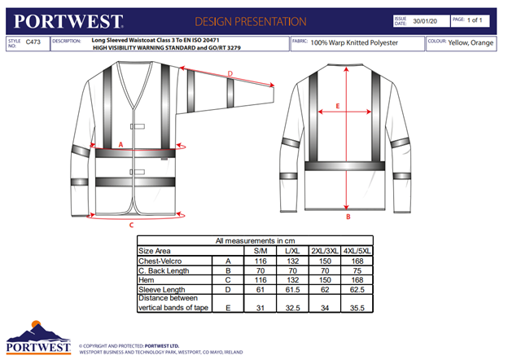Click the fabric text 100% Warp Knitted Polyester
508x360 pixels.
(357, 41)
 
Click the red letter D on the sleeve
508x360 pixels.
(230, 74)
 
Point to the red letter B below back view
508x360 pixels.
(348, 217)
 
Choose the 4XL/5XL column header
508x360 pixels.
(357, 251)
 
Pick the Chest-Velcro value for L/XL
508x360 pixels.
(293, 260)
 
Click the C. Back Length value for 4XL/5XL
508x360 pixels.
(357, 270)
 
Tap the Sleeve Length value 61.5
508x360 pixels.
(293, 289)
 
